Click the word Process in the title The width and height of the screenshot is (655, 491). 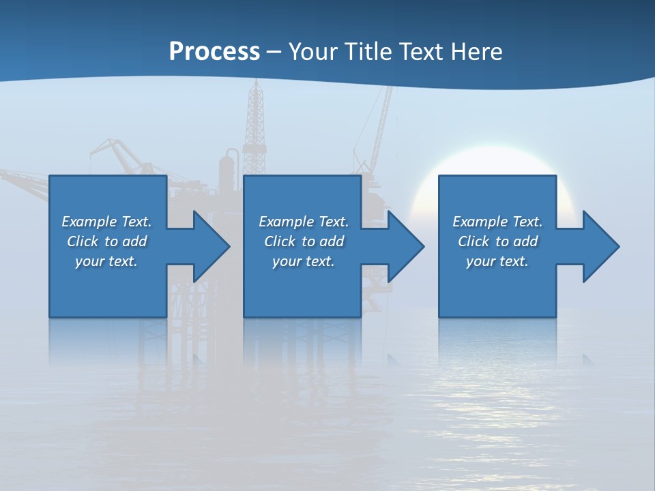point(214,52)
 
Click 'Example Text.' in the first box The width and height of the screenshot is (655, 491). point(107,222)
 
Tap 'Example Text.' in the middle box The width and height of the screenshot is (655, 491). point(304,222)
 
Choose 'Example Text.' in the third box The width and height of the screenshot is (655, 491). point(497,222)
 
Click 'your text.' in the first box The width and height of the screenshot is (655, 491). point(107,261)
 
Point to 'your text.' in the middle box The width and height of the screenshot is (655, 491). point(304,261)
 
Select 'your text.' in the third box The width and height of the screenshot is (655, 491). point(497,261)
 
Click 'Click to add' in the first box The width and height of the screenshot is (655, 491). point(107,241)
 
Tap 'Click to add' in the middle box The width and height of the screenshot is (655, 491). point(304,241)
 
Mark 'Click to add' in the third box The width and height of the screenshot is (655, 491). point(497,241)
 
